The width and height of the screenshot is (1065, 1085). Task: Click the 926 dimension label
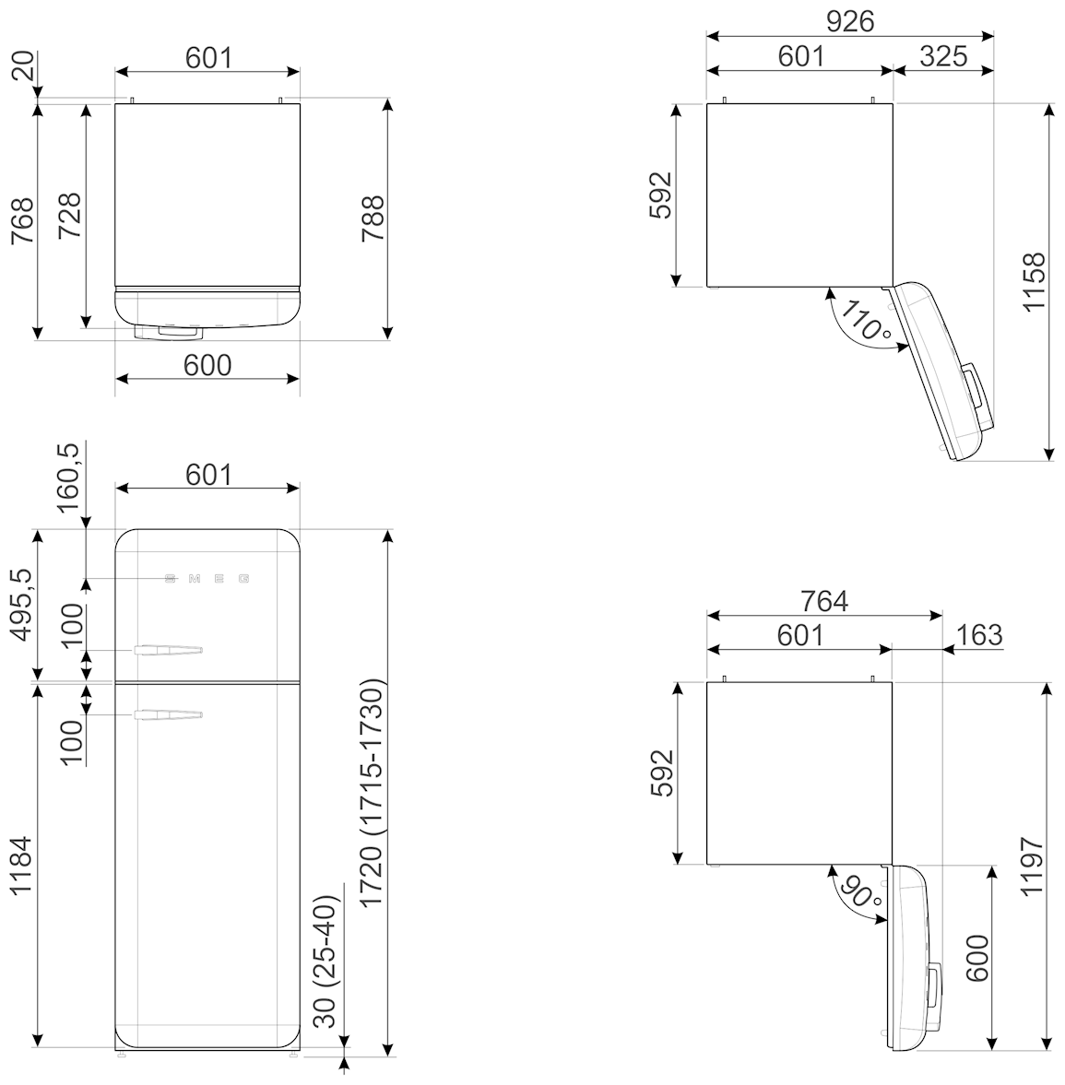coord(850,21)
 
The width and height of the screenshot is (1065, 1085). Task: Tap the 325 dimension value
coord(944,57)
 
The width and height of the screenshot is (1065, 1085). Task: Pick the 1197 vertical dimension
coord(1033,867)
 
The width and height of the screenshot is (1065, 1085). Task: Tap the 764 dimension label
coord(825,601)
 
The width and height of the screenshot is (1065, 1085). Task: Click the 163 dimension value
coord(979,634)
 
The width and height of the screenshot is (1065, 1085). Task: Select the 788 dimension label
coord(373,218)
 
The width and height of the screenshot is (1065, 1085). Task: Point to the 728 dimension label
coord(69,216)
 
